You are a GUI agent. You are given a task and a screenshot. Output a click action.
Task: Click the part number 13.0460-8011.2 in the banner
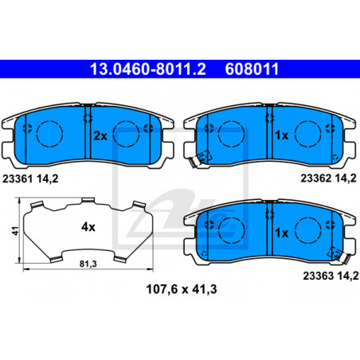point(148,69)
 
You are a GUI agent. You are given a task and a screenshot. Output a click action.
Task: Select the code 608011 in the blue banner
point(252,69)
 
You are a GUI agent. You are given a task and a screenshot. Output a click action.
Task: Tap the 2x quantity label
point(100,136)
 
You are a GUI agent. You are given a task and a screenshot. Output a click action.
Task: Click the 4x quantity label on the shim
point(88,227)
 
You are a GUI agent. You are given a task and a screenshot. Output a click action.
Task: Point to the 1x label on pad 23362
point(282,135)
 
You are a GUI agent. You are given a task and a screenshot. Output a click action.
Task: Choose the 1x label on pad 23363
point(282,233)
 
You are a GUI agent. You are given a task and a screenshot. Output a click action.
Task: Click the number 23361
point(18,178)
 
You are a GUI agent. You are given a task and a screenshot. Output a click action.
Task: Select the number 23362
point(316,178)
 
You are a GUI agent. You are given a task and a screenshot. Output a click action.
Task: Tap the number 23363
point(318,276)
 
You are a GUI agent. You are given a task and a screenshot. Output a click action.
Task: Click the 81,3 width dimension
point(88,264)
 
